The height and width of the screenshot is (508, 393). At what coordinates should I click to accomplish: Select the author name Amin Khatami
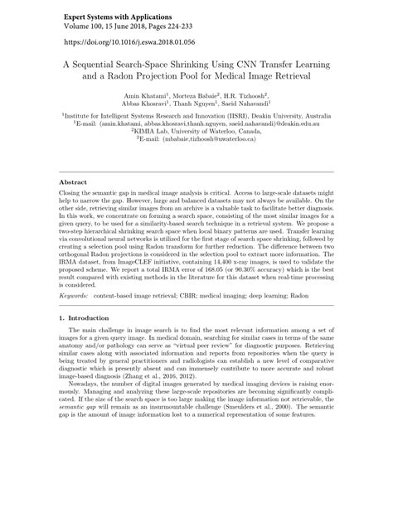147,98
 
